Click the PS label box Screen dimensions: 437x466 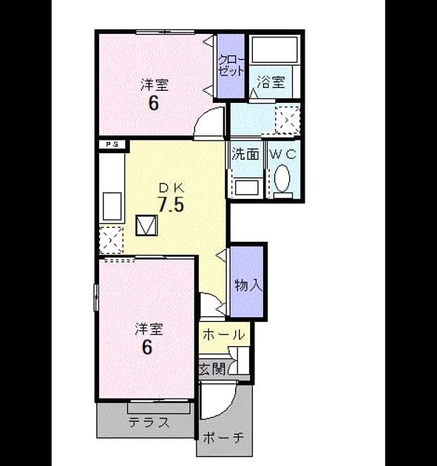112,145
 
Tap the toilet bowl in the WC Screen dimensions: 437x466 282,178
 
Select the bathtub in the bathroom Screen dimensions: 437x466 274,50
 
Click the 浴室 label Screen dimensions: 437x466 271,82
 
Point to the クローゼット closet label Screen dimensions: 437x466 231,65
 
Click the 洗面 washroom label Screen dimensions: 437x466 245,154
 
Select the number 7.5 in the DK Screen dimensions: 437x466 172,204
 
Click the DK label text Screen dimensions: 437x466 172,188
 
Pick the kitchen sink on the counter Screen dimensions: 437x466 112,206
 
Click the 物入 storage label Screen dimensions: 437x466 248,286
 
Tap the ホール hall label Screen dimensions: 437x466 223,335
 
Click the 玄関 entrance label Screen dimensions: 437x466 213,369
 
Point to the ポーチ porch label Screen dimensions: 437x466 223,437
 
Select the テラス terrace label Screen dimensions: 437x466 149,422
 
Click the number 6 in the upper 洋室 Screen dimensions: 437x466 153,103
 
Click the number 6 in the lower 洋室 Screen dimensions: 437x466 147,347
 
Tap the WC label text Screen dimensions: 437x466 282,154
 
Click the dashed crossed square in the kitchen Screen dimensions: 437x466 111,240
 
